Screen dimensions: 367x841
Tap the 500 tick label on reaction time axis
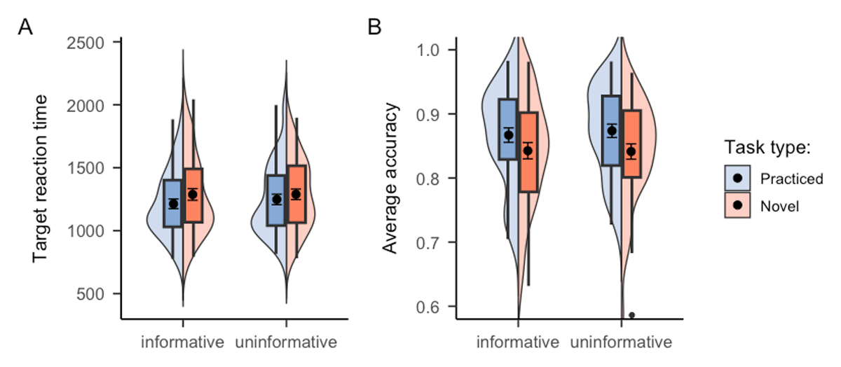point(98,293)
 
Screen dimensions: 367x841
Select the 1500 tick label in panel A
point(91,168)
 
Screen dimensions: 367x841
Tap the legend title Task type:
point(767,148)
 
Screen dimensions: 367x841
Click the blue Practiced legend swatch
point(737,179)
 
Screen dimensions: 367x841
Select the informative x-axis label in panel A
point(182,342)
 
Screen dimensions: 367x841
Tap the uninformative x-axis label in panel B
point(621,342)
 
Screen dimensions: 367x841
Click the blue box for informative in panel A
point(172,203)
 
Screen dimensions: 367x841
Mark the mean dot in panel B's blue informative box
point(509,135)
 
